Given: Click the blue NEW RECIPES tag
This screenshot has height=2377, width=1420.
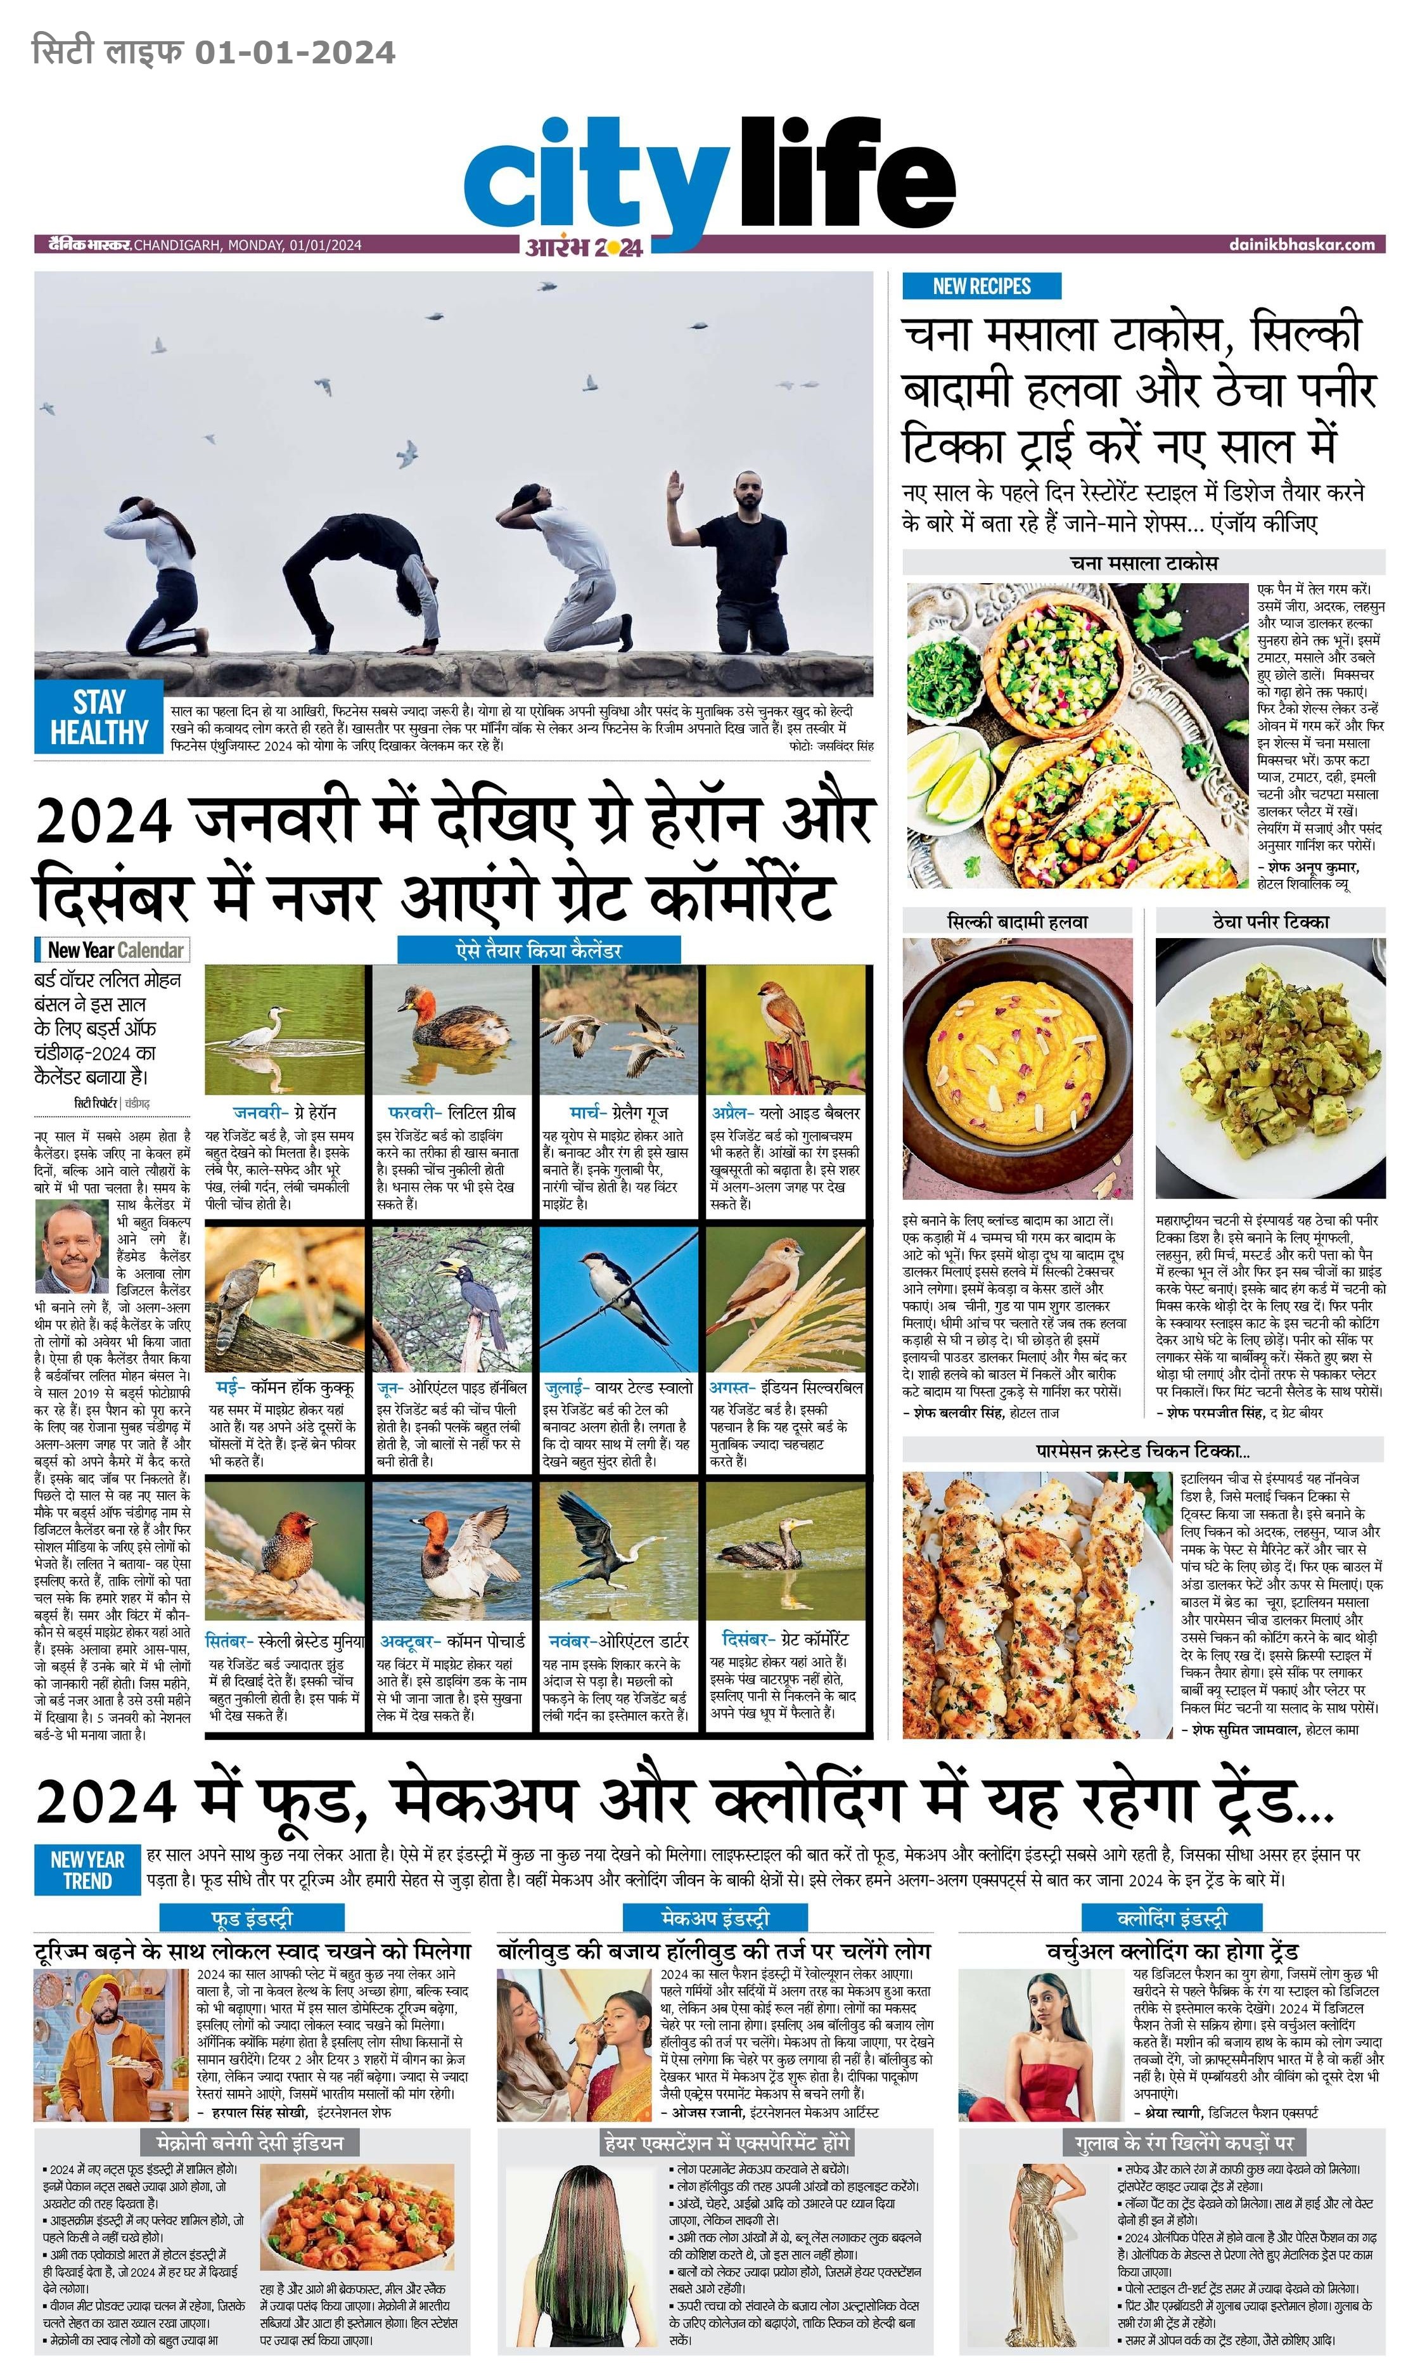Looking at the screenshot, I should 981,285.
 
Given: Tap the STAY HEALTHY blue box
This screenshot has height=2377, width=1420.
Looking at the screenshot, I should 99,717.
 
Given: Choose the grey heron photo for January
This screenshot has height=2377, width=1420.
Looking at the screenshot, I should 285,1029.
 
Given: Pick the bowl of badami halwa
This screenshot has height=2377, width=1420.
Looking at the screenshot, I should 1017,1066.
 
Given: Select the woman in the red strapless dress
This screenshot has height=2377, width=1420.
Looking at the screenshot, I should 1043,2043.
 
